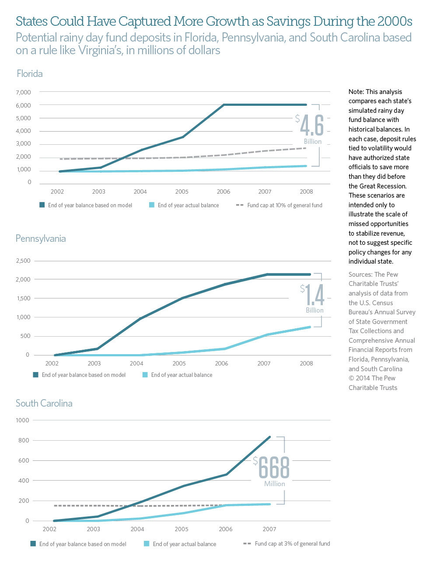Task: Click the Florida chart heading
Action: [x=30, y=73]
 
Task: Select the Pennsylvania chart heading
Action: [x=41, y=239]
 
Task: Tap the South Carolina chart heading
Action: [x=44, y=404]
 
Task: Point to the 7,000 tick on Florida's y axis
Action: [x=23, y=92]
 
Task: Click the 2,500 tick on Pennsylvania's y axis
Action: [x=23, y=261]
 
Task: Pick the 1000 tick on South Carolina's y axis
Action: [x=22, y=420]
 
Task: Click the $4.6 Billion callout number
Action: [x=312, y=126]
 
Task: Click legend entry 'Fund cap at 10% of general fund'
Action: [x=284, y=205]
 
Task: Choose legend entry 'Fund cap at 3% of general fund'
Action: [x=292, y=543]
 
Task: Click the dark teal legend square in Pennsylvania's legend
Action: [x=36, y=375]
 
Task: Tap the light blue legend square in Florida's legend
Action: [x=152, y=205]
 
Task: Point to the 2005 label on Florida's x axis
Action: [x=182, y=191]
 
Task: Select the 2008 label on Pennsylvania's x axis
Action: [x=306, y=363]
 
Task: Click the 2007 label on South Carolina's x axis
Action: [x=269, y=529]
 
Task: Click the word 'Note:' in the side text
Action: [x=356, y=92]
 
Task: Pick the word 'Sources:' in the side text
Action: [x=360, y=275]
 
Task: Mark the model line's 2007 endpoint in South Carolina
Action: [x=270, y=437]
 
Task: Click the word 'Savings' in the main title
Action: [x=288, y=21]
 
